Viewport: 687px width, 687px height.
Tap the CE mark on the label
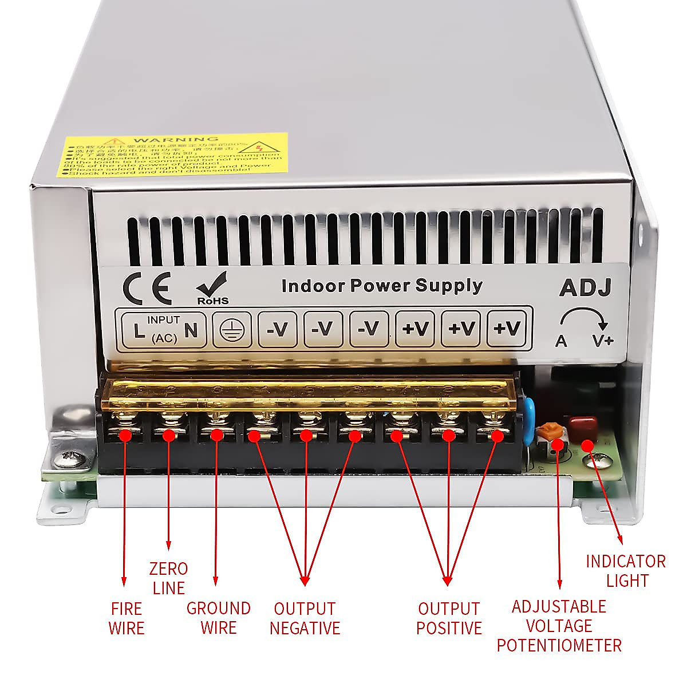click(148, 289)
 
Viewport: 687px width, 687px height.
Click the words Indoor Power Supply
click(382, 285)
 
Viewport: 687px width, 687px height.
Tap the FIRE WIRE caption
click(127, 618)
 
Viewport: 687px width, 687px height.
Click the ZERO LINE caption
click(168, 578)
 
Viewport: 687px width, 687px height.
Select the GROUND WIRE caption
click(219, 618)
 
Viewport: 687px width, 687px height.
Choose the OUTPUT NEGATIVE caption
click(305, 618)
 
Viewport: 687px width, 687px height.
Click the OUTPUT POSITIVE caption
click(449, 618)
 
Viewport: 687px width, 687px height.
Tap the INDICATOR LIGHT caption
click(626, 571)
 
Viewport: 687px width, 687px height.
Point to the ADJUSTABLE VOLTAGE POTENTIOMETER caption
click(559, 626)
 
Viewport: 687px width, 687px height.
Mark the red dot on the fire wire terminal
click(125, 435)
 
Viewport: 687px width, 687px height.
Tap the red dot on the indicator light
click(587, 445)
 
